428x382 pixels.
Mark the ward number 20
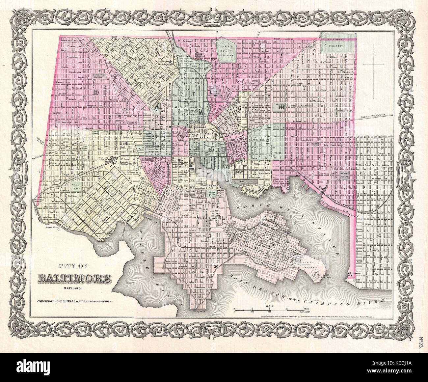coord(142,67)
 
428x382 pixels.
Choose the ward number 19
coord(96,92)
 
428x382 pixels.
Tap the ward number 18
coord(96,174)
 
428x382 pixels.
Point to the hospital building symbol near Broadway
coord(281,107)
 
